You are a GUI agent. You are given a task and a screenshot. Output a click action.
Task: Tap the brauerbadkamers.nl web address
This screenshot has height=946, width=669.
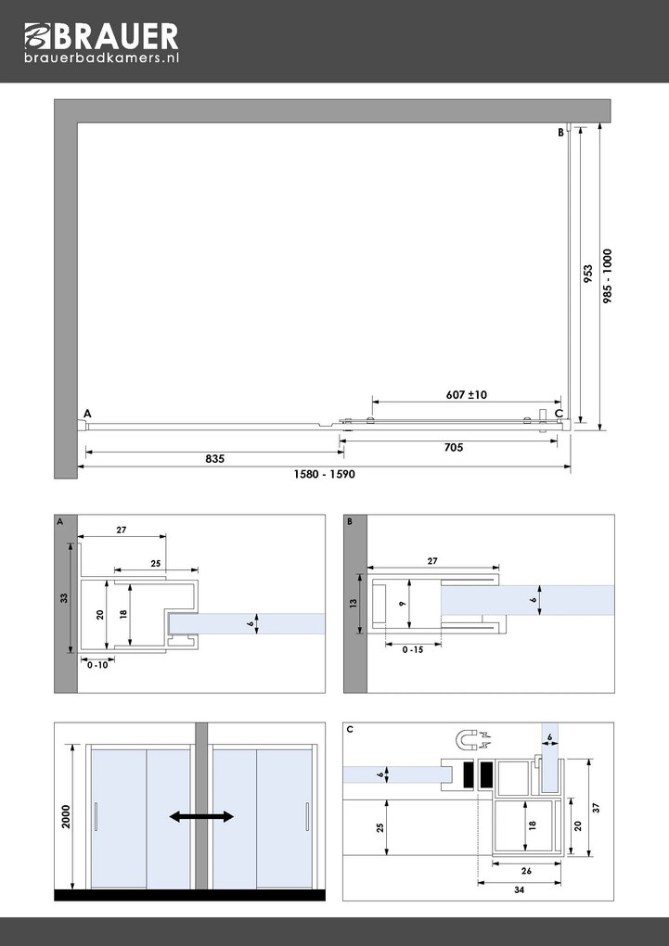(x=101, y=58)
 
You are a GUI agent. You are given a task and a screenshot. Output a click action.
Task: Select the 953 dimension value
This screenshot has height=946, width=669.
(x=587, y=277)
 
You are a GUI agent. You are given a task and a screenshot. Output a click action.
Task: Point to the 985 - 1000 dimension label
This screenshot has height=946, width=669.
(x=608, y=277)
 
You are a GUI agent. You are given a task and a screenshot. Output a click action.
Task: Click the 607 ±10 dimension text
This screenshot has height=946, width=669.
(x=466, y=395)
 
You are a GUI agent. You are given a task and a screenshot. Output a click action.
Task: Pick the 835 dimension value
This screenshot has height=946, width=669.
(x=214, y=459)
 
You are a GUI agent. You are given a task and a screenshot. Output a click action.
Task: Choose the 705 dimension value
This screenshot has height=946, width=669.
(x=454, y=447)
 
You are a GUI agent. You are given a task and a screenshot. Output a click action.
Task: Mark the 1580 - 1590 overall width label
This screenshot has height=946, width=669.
(x=324, y=475)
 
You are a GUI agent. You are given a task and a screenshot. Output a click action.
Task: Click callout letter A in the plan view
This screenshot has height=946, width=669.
(x=87, y=413)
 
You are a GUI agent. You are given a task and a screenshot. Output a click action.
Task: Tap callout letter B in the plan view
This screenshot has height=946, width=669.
(x=560, y=133)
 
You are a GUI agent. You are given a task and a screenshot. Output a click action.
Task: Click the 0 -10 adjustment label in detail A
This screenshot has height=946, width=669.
(x=96, y=665)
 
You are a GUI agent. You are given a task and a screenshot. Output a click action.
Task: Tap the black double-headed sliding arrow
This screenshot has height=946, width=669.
(x=201, y=816)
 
